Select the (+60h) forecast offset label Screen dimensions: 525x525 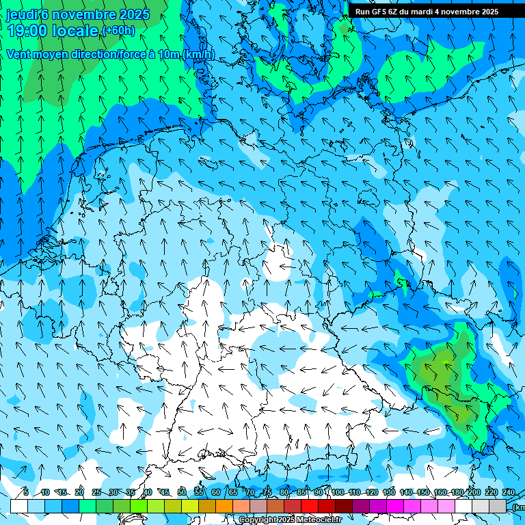(x=118, y=31)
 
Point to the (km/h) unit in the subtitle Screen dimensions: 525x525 (x=199, y=54)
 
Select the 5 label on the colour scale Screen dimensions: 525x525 (x=26, y=492)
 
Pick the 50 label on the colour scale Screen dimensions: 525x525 (x=181, y=492)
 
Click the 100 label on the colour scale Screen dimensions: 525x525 (x=338, y=492)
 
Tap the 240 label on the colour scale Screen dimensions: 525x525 (x=509, y=492)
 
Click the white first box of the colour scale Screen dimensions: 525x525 (x=19, y=506)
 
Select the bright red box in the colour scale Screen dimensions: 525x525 (x=310, y=506)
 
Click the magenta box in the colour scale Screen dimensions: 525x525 (x=395, y=506)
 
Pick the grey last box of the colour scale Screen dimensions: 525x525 (x=498, y=506)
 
